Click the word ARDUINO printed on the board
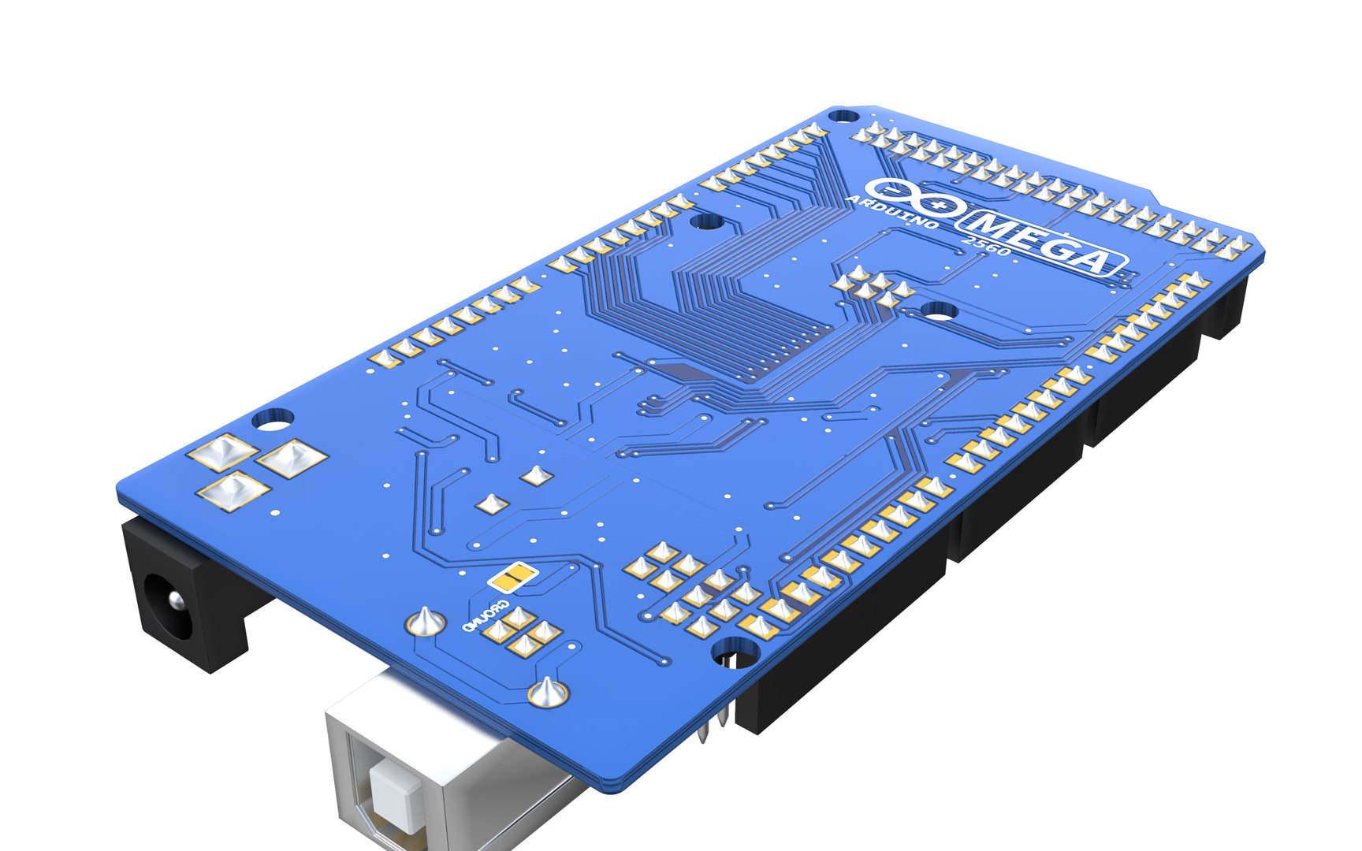click(x=891, y=213)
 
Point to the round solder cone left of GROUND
click(x=425, y=622)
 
